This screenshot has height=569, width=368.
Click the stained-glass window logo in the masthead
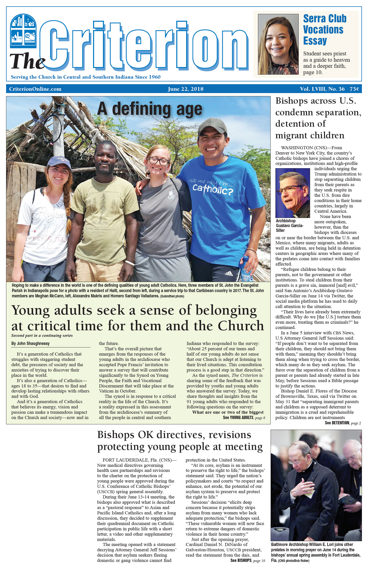point(23,31)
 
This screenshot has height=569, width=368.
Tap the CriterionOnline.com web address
point(35,89)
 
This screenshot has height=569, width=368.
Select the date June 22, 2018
point(185,89)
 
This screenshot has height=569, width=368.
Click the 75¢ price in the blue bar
point(354,89)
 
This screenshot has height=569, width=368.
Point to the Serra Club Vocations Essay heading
point(324,30)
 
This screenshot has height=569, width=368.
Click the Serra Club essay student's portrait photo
point(278,44)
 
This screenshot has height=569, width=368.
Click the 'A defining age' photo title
point(150,109)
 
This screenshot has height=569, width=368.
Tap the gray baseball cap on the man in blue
point(212,126)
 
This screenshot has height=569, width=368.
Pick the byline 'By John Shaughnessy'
point(30,343)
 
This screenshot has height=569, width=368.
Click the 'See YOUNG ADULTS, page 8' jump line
point(244,418)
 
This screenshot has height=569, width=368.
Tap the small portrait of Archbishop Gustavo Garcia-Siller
point(293,193)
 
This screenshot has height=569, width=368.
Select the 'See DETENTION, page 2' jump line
point(343,423)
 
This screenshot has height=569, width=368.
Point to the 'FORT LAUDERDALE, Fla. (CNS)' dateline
point(137,460)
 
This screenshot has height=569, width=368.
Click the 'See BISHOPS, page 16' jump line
point(248,560)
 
